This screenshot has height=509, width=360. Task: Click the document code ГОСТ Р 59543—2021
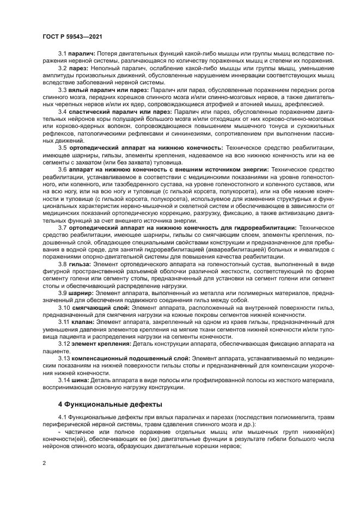click(73, 36)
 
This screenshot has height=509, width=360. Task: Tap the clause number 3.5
click(62, 147)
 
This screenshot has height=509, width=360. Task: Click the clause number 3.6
click(62, 170)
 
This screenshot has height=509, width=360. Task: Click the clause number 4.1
click(62, 418)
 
